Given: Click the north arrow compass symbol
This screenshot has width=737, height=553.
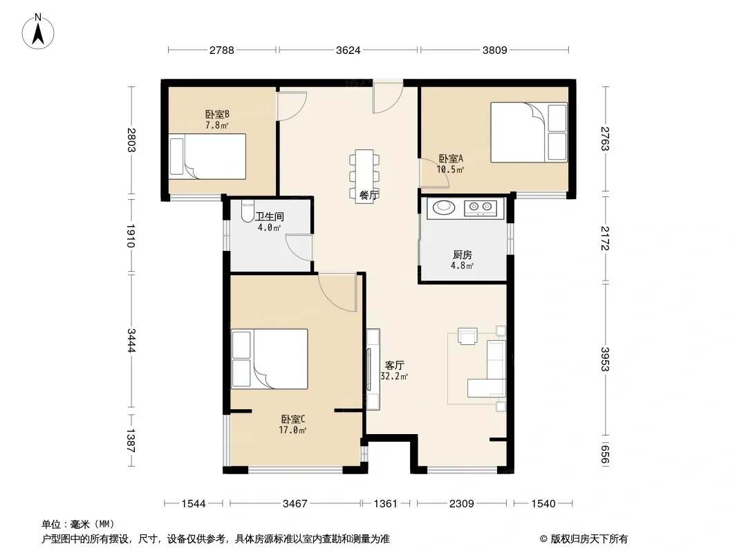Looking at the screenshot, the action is [38, 32].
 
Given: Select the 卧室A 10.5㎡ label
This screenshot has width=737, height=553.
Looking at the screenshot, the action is [450, 164].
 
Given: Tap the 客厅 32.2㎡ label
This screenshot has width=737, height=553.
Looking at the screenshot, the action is [394, 371].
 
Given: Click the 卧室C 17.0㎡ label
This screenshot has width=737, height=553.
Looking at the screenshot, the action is [293, 424].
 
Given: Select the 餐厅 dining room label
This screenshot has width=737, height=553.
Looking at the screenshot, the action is [368, 195].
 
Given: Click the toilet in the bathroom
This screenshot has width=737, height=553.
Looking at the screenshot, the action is [247, 212].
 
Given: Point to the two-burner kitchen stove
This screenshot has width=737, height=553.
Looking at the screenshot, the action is [481, 207].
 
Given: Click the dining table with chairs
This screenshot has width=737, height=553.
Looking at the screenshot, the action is [364, 176].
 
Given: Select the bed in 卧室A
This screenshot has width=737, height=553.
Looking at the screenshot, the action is [530, 133].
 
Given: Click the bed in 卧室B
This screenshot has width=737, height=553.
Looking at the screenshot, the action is [207, 156].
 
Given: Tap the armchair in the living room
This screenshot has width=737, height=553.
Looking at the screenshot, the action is [467, 336].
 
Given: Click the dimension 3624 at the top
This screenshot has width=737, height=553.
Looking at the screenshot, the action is [348, 50].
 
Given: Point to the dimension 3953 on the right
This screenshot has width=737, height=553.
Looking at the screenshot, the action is [605, 359].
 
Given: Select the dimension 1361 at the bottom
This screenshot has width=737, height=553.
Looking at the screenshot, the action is [385, 504].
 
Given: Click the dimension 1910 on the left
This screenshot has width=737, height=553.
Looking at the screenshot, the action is [131, 236].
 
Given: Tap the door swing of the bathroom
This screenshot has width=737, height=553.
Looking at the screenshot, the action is [299, 247].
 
